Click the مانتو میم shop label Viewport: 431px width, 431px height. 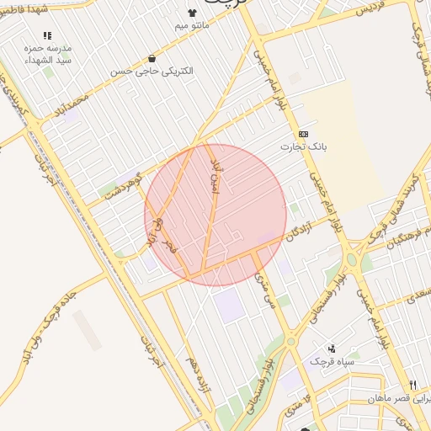tap(192, 27)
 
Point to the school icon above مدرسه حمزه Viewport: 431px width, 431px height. tap(46, 36)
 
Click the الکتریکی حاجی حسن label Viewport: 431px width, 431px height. tap(152, 72)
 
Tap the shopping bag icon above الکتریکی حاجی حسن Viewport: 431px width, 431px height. tap(152, 58)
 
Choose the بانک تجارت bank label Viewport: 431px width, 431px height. tap(303, 146)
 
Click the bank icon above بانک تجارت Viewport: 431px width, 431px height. tap(303, 133)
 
